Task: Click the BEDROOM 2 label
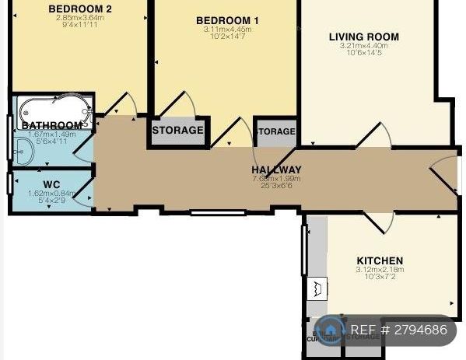(79, 9)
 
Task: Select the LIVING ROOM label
(363, 37)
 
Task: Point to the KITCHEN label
(380, 260)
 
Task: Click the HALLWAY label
(276, 170)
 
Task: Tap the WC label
(51, 184)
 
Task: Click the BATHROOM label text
(52, 125)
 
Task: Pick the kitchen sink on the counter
(317, 290)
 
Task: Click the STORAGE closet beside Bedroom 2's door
(177, 131)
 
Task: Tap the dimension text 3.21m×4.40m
(363, 46)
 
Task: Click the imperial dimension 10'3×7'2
(380, 278)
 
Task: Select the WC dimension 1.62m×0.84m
(51, 193)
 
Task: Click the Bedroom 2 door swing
(124, 106)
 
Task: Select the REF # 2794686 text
(399, 330)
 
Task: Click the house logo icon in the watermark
(331, 330)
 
